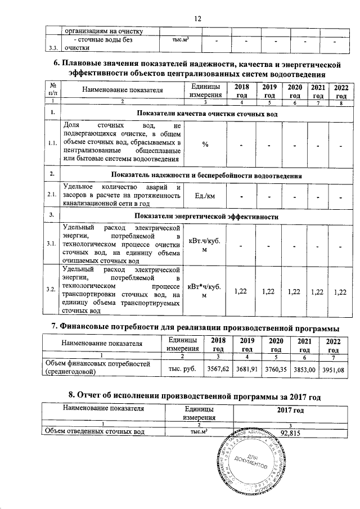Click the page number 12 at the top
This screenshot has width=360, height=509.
point(197,19)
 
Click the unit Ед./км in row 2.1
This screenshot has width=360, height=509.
point(205,196)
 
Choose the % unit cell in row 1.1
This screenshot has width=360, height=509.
point(205,145)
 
